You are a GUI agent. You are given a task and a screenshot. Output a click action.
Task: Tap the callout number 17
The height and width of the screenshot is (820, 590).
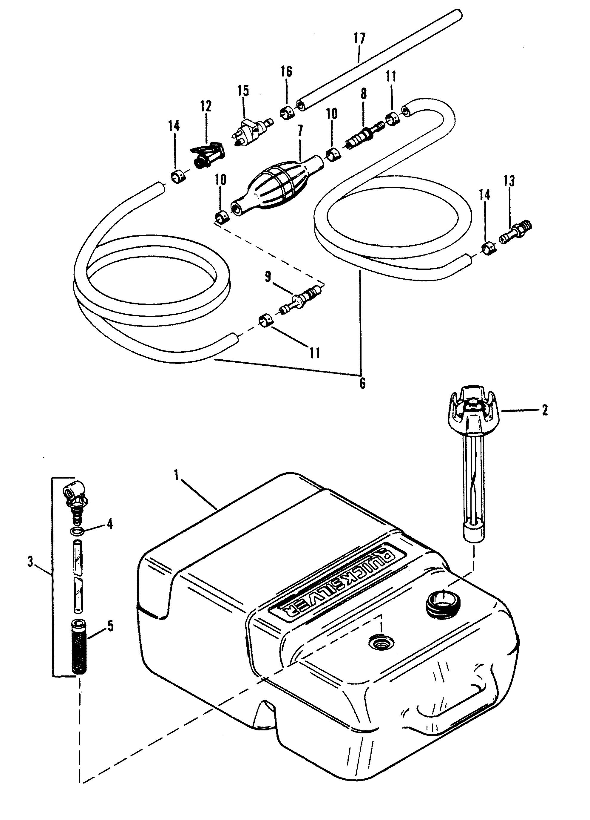pos(360,38)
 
